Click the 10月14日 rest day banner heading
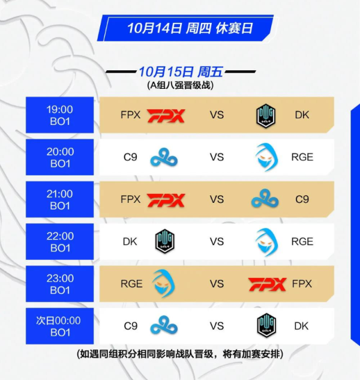tap(190, 28)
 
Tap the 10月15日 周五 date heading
tap(181, 71)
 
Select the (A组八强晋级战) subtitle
tap(180, 85)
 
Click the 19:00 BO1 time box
tap(59, 115)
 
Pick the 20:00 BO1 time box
tap(59, 157)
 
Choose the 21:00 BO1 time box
tap(59, 199)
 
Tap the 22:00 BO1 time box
tap(59, 241)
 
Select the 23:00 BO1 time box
tap(59, 284)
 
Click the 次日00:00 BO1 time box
tap(59, 326)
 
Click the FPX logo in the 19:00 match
tap(166, 116)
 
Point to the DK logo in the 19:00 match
tap(266, 115)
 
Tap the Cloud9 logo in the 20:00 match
tap(164, 158)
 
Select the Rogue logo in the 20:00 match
tap(266, 157)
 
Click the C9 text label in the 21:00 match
tap(302, 199)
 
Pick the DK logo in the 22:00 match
tap(165, 241)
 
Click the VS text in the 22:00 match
tap(217, 241)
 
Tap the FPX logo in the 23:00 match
tap(267, 285)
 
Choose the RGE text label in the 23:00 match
tap(131, 284)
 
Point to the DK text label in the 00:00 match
tap(301, 326)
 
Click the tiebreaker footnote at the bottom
tap(180, 354)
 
